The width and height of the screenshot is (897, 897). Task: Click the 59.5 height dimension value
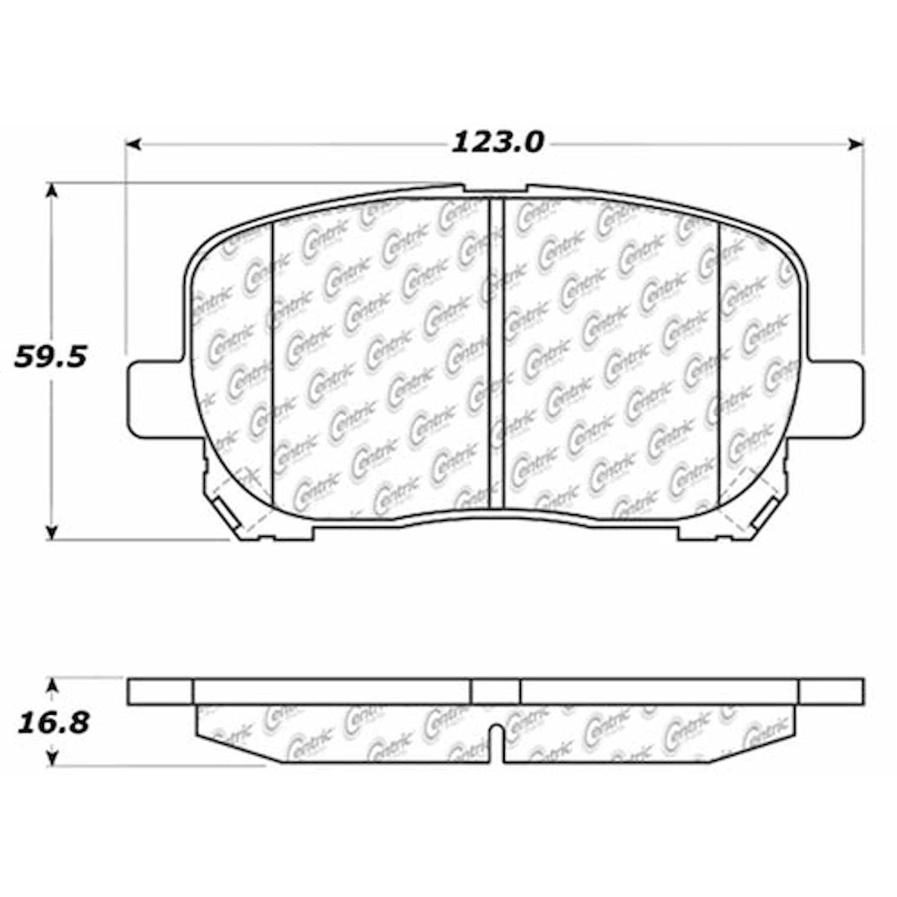click(50, 357)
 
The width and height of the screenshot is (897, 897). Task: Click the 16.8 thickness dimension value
click(53, 723)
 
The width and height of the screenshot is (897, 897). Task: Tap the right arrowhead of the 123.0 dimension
click(856, 144)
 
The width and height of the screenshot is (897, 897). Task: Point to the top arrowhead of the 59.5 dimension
click(53, 191)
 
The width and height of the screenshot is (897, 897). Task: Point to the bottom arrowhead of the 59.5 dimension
click(53, 532)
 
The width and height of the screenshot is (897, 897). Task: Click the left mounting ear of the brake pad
click(156, 398)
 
